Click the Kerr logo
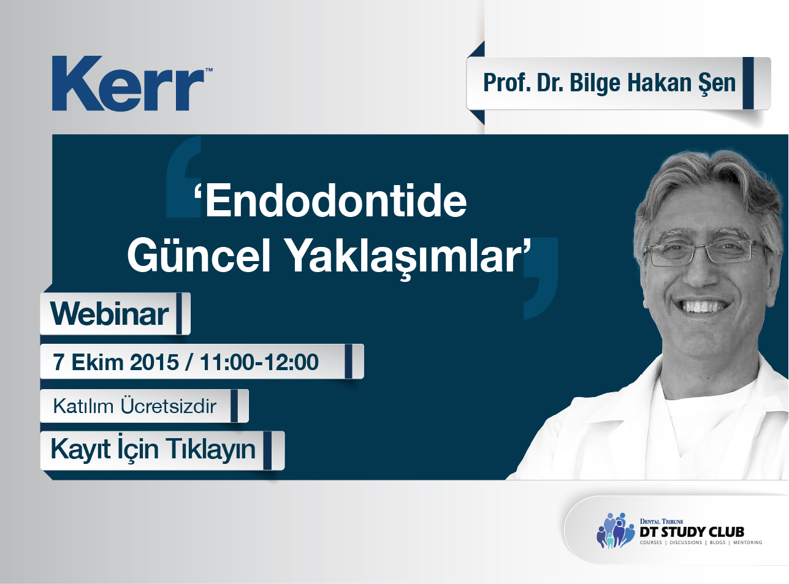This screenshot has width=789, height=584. tap(132, 83)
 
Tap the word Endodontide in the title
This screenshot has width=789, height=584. tap(336, 200)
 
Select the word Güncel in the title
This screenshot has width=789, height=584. tap(199, 256)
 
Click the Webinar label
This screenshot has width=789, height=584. tap(109, 314)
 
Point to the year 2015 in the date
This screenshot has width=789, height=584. tap(154, 362)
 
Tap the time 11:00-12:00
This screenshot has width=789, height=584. tap(259, 362)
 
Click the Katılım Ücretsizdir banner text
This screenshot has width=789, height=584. tap(134, 406)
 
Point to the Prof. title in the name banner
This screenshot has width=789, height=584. tap(506, 83)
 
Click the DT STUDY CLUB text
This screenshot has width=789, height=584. tap(692, 532)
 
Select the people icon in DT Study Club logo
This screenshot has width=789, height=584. tap(615, 530)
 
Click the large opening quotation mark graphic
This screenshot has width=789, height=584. tap(184, 176)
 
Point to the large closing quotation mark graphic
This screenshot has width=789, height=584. tap(541, 278)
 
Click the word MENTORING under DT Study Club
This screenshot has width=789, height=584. tap(747, 542)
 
